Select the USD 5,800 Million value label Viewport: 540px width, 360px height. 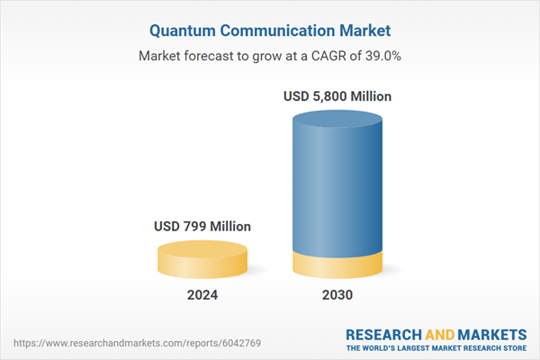point(337,96)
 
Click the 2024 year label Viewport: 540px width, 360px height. point(202,294)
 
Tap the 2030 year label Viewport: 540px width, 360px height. point(337,294)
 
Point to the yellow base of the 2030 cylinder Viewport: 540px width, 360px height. point(337,266)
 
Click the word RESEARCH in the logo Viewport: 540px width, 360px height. point(382,332)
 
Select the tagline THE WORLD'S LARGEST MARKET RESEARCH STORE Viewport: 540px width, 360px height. point(436,347)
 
